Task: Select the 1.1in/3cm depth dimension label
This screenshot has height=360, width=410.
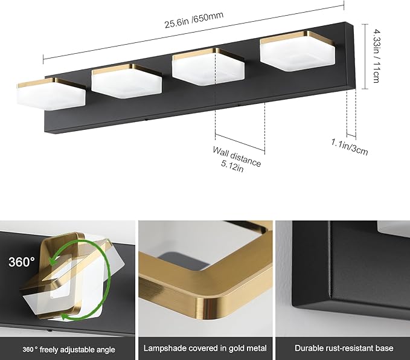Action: pyautogui.click(x=351, y=147)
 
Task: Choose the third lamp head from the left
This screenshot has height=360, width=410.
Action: pyautogui.click(x=207, y=66)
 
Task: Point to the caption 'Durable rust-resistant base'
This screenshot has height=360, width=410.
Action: pyautogui.click(x=344, y=349)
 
